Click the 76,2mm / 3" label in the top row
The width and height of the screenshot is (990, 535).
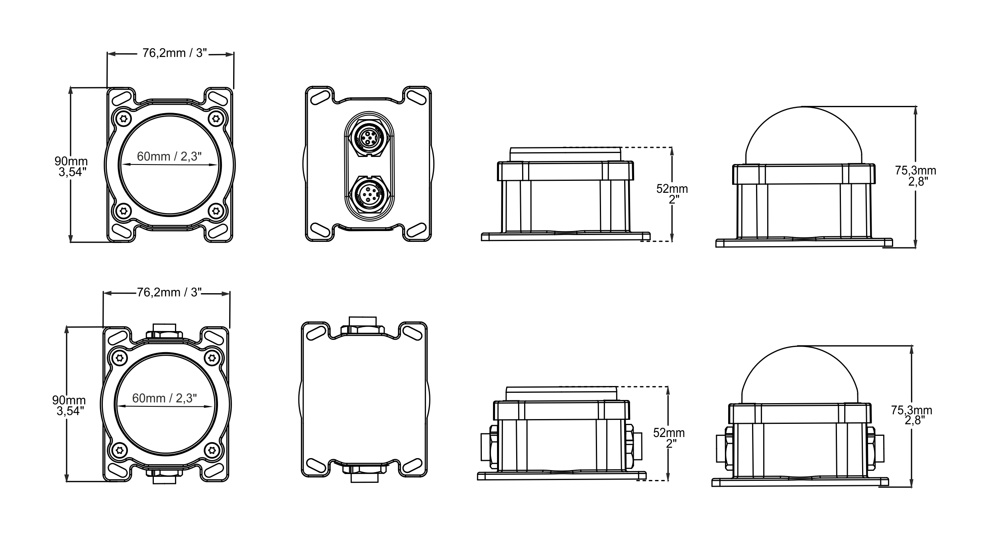[175, 53]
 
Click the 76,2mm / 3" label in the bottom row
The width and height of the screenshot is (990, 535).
[169, 293]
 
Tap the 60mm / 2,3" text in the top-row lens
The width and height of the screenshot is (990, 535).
[169, 157]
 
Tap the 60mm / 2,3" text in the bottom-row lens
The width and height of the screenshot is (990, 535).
[165, 398]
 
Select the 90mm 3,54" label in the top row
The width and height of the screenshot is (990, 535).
[71, 167]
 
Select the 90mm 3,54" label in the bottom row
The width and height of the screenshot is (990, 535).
[69, 406]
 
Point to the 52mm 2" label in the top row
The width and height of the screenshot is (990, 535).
[672, 194]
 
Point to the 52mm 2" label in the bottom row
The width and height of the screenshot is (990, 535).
[669, 438]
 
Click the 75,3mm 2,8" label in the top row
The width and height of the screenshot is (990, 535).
[915, 176]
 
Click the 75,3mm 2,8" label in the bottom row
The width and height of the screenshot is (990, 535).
[911, 415]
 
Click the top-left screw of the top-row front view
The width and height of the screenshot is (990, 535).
[124, 118]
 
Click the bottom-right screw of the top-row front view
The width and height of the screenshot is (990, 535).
[216, 210]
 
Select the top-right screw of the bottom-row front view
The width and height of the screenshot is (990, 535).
[212, 357]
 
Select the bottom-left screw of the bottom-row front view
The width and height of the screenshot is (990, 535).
[119, 450]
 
